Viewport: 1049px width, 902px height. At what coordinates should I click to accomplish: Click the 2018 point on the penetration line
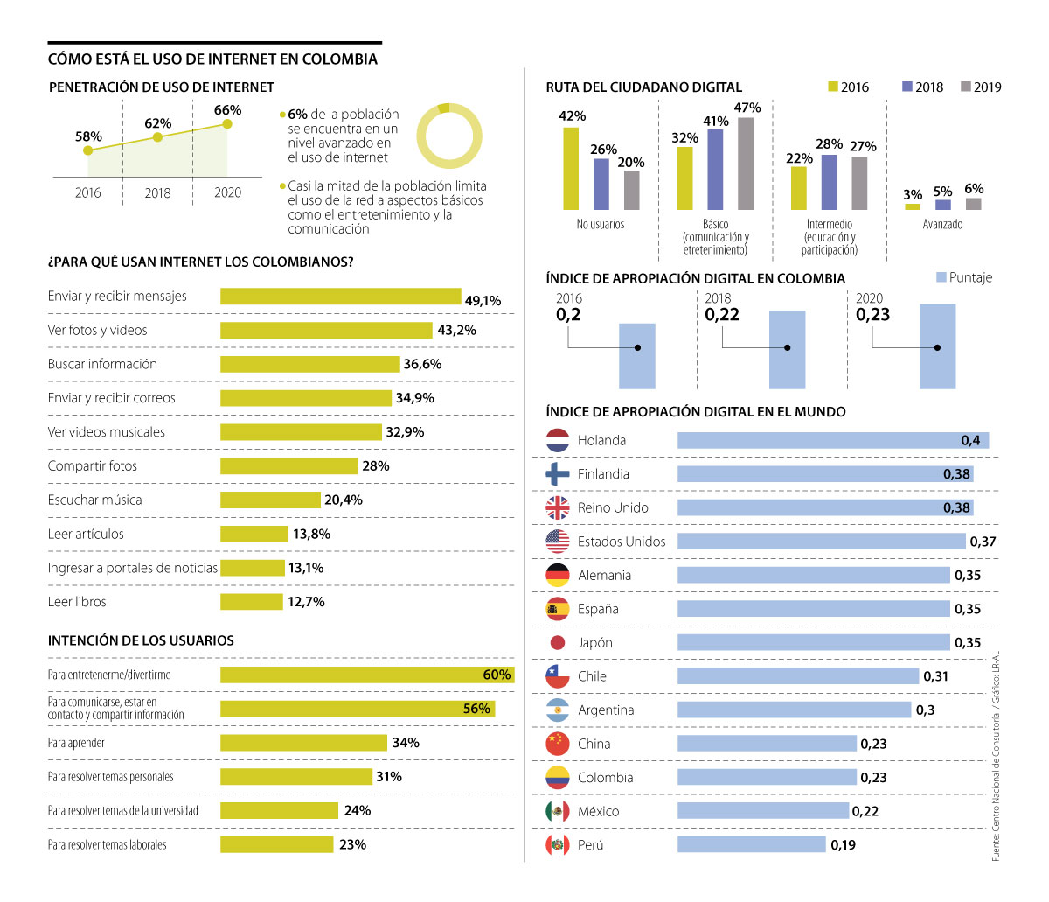(157, 137)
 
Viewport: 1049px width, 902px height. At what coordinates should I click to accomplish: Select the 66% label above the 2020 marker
(227, 110)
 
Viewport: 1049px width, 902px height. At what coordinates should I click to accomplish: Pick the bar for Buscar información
(309, 364)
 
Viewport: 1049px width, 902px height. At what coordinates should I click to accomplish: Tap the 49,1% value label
(483, 301)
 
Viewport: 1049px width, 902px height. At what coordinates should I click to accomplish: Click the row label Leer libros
(77, 602)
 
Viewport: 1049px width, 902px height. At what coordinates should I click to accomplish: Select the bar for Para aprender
(303, 743)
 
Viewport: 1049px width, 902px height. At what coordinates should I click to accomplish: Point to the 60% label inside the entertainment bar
(497, 675)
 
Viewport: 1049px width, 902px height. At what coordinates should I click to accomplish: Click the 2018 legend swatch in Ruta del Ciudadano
(907, 87)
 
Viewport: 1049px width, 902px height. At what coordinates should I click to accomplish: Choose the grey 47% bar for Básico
(746, 164)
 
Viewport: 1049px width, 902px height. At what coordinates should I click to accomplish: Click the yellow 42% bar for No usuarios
(571, 169)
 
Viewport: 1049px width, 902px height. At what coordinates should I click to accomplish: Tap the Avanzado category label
(942, 225)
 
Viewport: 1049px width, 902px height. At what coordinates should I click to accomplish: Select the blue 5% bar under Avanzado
(943, 205)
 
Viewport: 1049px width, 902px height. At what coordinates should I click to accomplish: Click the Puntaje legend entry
(964, 277)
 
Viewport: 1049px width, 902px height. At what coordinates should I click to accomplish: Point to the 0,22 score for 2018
(721, 315)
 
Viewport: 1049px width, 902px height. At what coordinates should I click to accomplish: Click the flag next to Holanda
(558, 440)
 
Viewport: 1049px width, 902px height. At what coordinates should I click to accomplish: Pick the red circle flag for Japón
(558, 643)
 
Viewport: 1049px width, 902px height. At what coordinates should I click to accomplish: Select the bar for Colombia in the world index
(767, 777)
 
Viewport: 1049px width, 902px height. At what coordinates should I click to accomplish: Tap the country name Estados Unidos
(622, 542)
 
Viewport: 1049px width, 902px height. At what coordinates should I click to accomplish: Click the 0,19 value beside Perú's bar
(844, 845)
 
